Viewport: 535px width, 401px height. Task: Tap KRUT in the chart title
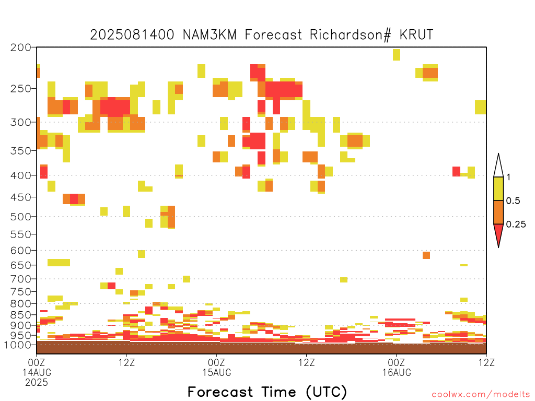pos(416,34)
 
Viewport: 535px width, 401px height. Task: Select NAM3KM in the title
pos(210,34)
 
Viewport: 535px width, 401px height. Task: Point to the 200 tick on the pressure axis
pos(21,48)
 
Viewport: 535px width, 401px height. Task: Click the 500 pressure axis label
pos(21,217)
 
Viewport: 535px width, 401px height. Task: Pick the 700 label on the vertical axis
pos(21,279)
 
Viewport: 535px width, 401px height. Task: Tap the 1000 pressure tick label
pos(17,345)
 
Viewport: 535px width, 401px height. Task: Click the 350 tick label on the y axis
pos(21,150)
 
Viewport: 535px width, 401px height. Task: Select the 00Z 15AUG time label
pos(217,367)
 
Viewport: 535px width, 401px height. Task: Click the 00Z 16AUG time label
pos(397,367)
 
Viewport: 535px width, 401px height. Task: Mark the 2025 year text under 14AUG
pos(37,382)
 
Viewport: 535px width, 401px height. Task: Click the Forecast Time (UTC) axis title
pos(267,392)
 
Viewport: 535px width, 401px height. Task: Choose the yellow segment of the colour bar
pos(498,188)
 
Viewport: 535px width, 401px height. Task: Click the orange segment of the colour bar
pos(498,212)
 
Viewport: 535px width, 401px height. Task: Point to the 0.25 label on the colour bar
pos(516,224)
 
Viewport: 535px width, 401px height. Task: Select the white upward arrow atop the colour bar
pos(498,166)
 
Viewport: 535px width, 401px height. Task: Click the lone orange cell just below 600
pos(426,255)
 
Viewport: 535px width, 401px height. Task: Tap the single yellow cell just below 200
pos(397,55)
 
